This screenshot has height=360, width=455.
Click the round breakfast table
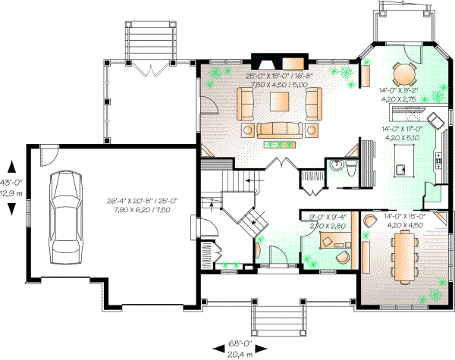(x=403, y=74)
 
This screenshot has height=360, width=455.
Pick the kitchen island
(x=400, y=155)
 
